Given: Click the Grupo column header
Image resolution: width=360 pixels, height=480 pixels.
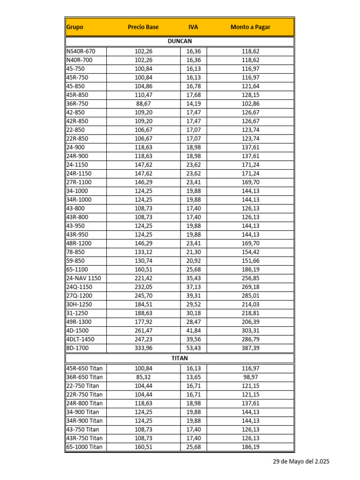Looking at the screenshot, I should [x=75, y=27].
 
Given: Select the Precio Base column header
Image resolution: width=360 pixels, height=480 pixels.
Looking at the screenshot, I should [x=143, y=27].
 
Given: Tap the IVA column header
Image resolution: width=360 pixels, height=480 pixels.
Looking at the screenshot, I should [x=193, y=27].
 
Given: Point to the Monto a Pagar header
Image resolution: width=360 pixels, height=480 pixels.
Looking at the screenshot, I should [x=250, y=27].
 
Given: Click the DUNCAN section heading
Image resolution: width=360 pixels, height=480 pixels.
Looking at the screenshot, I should [x=180, y=41].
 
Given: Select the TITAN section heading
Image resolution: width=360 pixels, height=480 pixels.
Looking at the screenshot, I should [x=180, y=358].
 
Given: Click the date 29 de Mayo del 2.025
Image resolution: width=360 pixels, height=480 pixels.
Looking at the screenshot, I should [x=301, y=462].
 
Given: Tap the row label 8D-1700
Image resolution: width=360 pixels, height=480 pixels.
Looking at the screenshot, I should [x=77, y=348].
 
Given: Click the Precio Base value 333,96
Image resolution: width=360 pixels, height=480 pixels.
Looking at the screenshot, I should [x=143, y=348].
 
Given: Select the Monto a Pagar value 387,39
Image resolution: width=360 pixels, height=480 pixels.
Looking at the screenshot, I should [x=250, y=348].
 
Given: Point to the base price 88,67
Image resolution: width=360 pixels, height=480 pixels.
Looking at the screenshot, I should [x=143, y=104].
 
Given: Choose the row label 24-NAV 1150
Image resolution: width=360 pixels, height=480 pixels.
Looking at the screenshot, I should [x=83, y=278].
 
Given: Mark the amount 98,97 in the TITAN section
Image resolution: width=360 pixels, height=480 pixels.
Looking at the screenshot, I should [x=250, y=377].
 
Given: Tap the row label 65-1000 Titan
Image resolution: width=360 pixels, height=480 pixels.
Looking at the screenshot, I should [x=84, y=447].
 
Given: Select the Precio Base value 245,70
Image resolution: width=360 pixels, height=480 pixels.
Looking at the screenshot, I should [x=143, y=296].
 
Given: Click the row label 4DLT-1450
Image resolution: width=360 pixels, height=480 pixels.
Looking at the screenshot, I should [x=81, y=339].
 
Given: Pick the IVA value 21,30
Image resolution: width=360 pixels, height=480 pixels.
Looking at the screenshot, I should [x=193, y=252].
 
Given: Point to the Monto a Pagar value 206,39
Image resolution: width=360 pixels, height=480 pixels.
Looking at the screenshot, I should [x=250, y=322].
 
